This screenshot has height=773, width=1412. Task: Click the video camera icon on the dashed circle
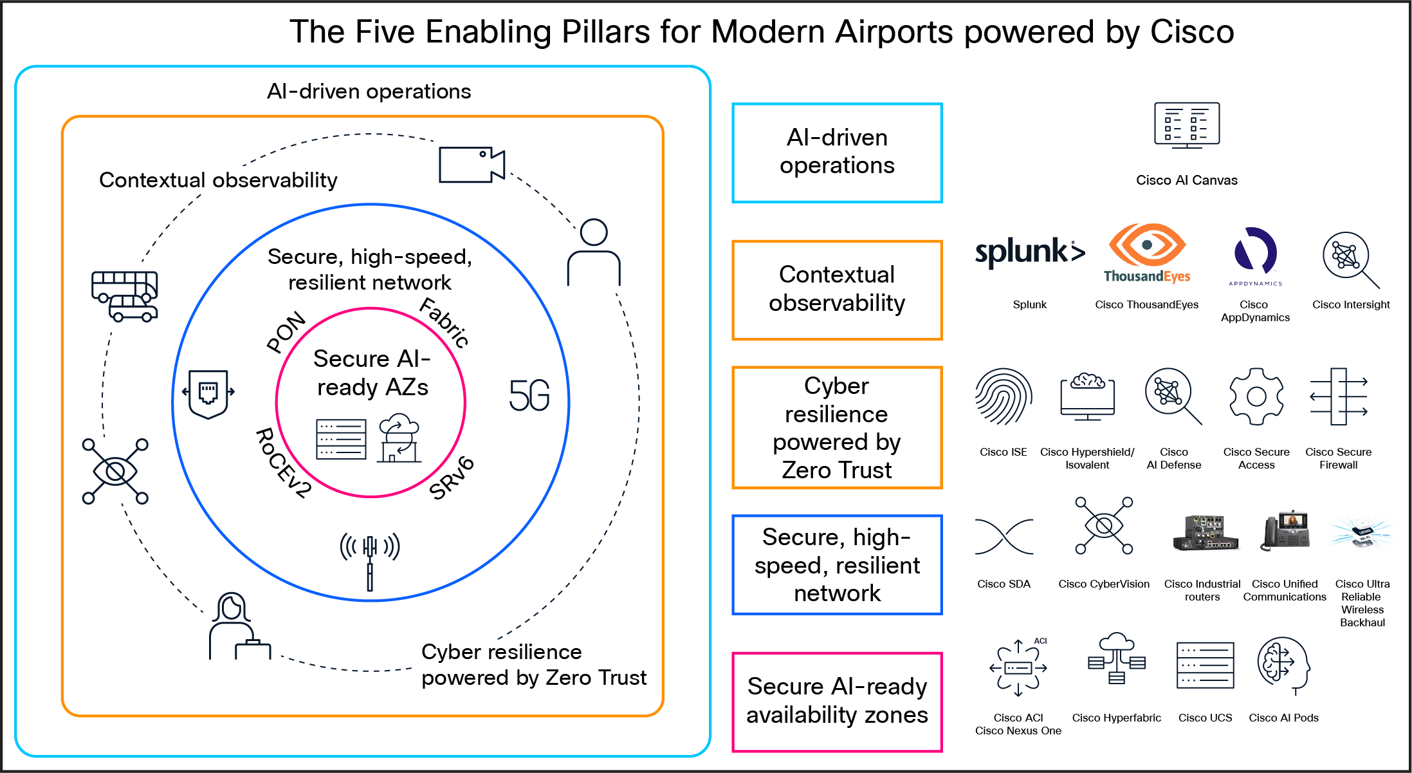pos(472,165)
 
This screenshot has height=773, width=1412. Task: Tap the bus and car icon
pos(124,295)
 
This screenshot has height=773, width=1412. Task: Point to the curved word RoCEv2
pos(283,463)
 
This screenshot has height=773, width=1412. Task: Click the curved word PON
pos(286,332)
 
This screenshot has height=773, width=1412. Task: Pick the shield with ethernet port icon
pos(208,393)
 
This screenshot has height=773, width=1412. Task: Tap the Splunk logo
pos(1029,252)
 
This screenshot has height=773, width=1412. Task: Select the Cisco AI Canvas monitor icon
pos(1186,126)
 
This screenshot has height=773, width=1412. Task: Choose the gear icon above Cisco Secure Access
pos(1256,396)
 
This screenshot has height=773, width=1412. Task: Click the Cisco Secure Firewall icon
pos(1339,396)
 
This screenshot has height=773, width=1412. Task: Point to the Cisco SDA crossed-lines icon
pos(1004,536)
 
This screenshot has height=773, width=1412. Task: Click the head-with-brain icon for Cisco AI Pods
pos(1283,665)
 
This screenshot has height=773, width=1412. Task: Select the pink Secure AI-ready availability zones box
pos(837,701)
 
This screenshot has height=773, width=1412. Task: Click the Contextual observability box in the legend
pos(837,290)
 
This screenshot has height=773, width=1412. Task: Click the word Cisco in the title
pos(1191,32)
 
